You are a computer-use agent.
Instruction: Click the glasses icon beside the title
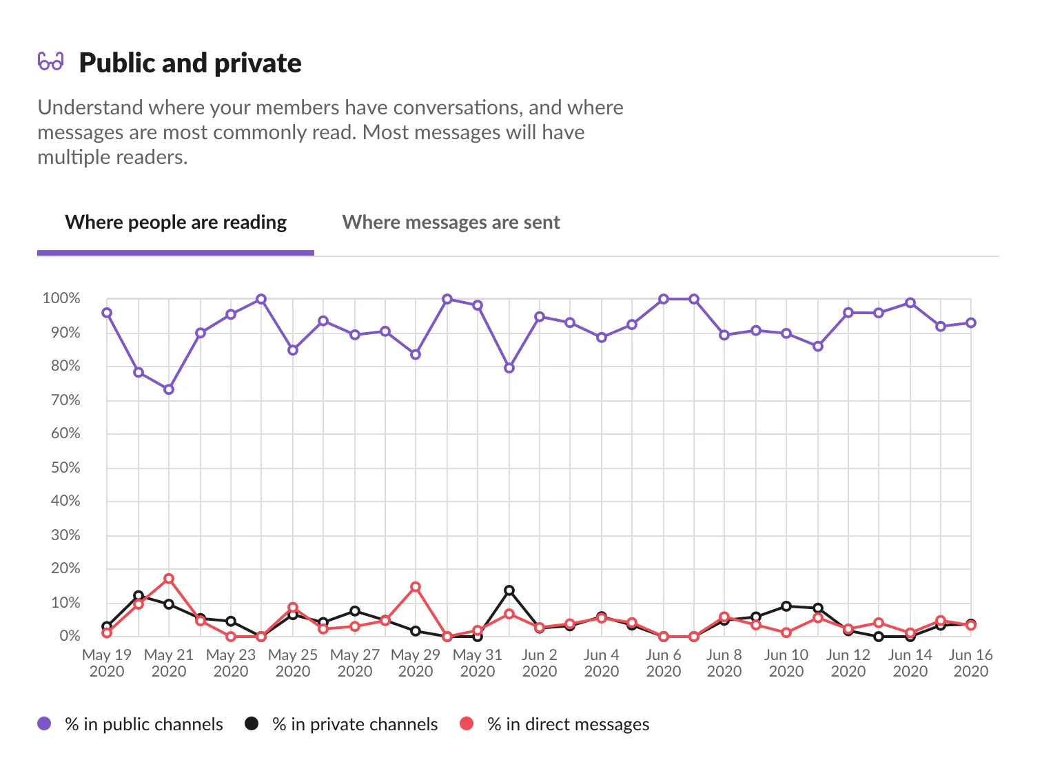(50, 62)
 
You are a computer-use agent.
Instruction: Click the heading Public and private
(190, 63)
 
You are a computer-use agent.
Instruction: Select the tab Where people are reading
(176, 223)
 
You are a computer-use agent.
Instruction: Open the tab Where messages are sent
(451, 223)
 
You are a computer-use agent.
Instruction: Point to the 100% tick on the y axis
(61, 299)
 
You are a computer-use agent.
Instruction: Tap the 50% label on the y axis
(65, 468)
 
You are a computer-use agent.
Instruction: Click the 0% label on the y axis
(69, 636)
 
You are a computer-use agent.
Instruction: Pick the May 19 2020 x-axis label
(107, 663)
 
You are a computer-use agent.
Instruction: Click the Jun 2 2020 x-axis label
(540, 663)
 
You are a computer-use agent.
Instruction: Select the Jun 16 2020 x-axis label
(970, 663)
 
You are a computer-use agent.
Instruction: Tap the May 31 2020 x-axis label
(478, 663)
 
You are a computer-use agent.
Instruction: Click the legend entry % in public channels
(131, 724)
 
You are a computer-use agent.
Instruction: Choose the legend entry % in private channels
(342, 724)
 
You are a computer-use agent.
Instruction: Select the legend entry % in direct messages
(555, 724)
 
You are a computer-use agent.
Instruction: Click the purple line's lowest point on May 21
(169, 390)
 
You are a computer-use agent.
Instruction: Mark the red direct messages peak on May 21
(169, 579)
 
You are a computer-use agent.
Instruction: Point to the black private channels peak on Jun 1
(509, 590)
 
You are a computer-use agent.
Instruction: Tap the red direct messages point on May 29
(416, 587)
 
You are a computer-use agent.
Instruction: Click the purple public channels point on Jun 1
(509, 368)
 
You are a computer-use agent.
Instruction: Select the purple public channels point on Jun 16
(971, 323)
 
